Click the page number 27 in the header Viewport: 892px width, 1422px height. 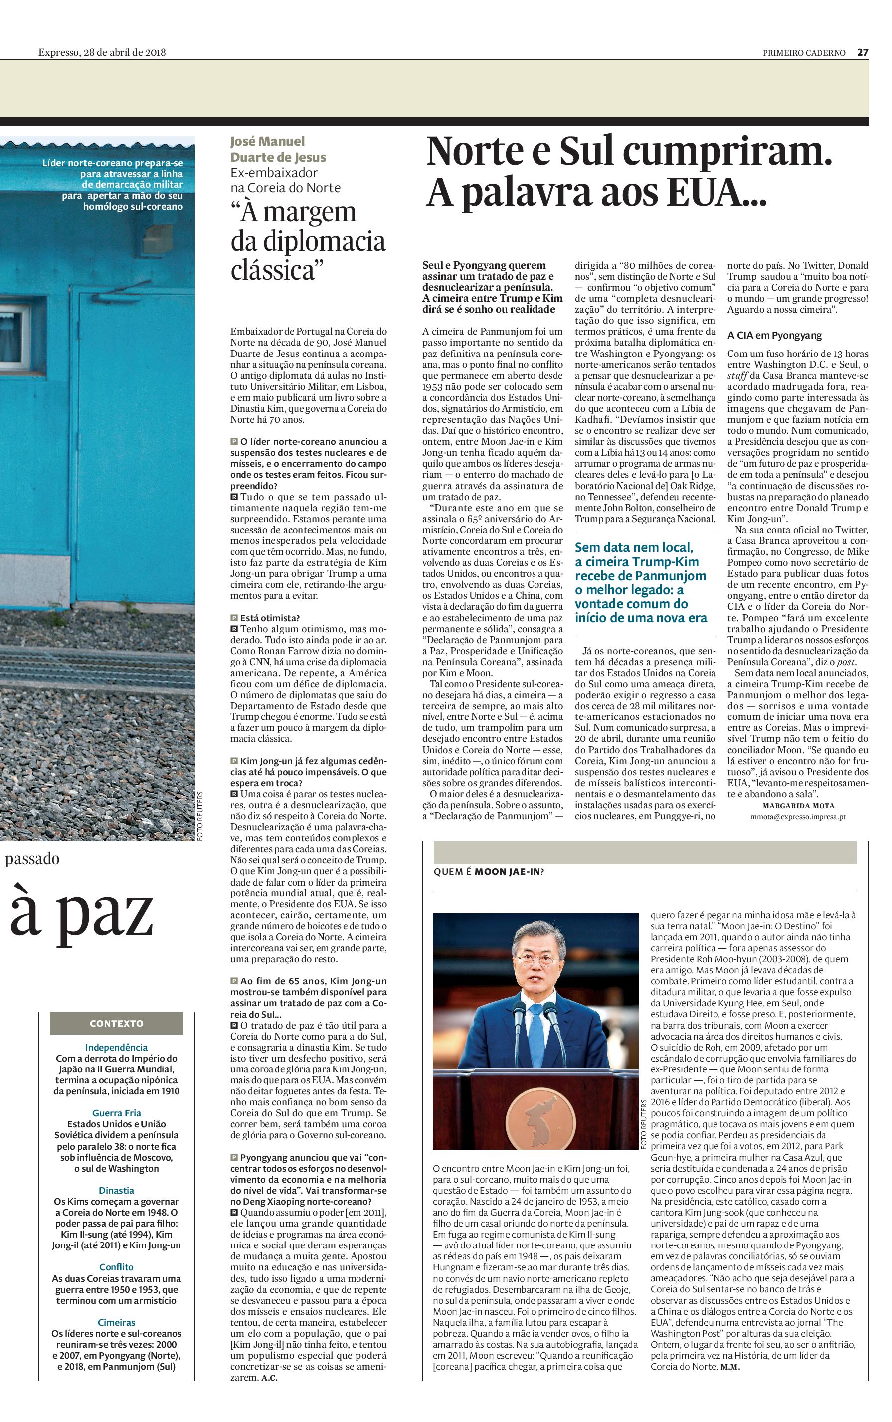(x=862, y=52)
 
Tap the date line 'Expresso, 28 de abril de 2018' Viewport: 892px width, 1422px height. (x=102, y=52)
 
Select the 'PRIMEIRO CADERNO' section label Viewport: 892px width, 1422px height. (x=804, y=53)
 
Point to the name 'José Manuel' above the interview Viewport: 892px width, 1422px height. (x=267, y=142)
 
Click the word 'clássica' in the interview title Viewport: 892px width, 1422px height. (x=274, y=270)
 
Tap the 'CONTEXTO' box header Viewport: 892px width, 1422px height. (x=116, y=1023)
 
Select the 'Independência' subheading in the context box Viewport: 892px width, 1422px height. (x=116, y=1047)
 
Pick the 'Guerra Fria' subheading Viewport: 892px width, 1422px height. (x=116, y=1113)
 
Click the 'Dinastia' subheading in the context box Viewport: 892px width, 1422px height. (x=116, y=1190)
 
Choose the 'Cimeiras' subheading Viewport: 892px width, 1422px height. (x=116, y=1322)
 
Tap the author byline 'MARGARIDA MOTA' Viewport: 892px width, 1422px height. (x=798, y=806)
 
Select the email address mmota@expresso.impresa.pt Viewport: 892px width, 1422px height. (x=798, y=817)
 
